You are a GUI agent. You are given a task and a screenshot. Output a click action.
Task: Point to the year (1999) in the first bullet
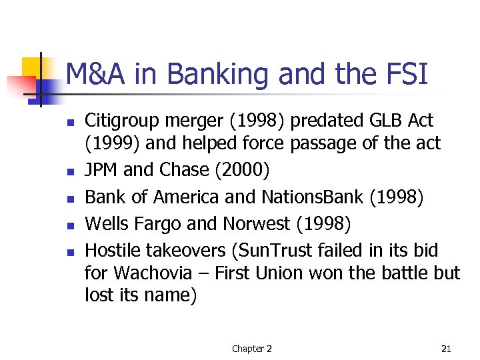coord(109,143)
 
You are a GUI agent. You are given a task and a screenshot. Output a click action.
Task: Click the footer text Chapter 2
coord(251,349)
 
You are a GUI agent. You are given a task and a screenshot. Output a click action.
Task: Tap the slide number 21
coord(447,349)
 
